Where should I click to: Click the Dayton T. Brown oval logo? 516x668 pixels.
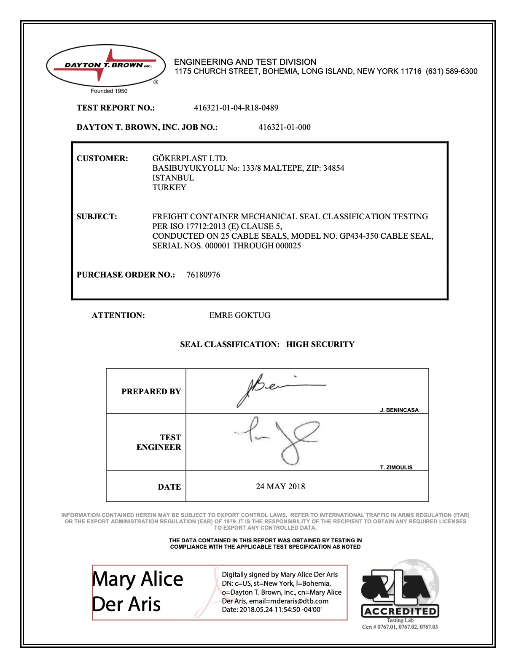[106, 66]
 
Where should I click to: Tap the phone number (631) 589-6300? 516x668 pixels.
[451, 71]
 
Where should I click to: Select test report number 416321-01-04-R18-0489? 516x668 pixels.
[236, 108]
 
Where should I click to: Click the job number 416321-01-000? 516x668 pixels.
[284, 127]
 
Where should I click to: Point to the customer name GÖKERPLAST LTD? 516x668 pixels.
[190, 159]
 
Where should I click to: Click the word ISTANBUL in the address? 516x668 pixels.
[173, 178]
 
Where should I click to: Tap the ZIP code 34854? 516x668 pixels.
[333, 168]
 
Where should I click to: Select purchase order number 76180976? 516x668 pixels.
[203, 275]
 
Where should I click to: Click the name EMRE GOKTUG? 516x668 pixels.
[239, 315]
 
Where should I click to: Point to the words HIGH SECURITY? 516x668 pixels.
[320, 345]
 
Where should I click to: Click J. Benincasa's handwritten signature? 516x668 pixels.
[278, 388]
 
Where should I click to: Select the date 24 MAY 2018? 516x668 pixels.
[280, 487]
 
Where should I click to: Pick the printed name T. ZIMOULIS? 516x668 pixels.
[396, 467]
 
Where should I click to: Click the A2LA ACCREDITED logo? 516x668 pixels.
[400, 593]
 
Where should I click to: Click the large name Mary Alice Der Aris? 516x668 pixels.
[137, 592]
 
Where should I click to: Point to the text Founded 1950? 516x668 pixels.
[109, 91]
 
